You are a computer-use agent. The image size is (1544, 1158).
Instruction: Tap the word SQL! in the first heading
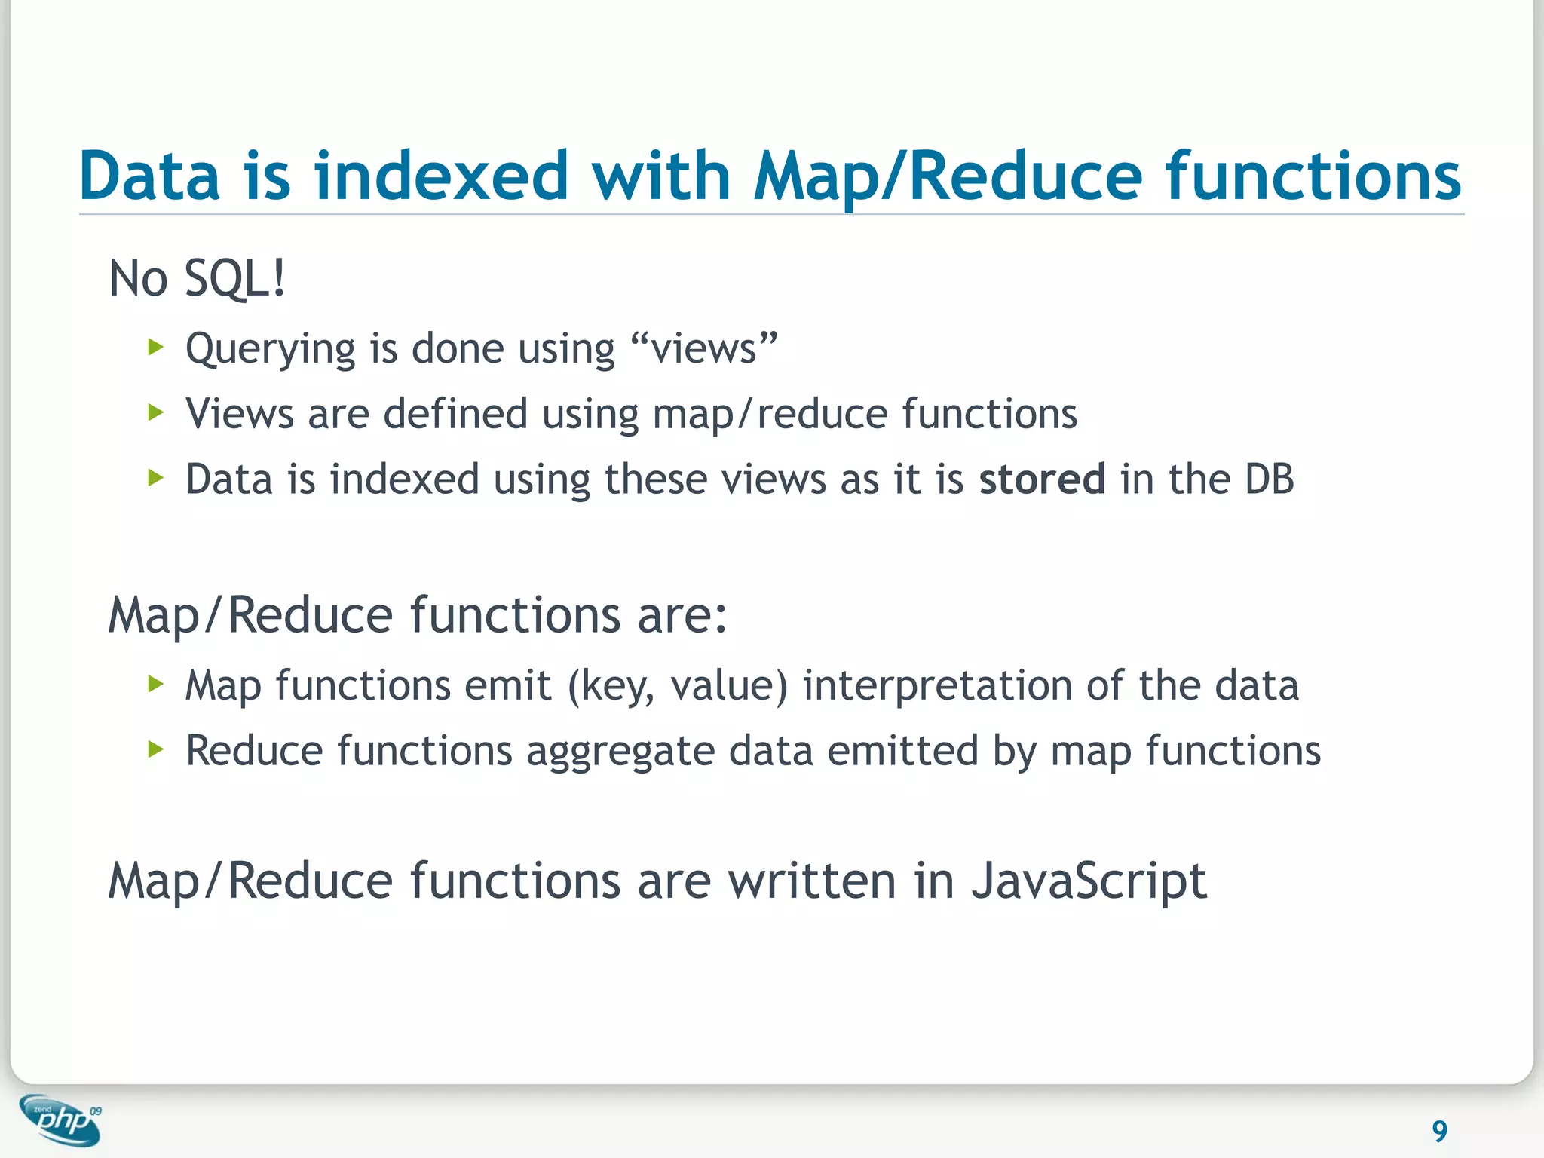pos(235,279)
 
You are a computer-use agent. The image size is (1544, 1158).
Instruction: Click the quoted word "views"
pos(703,348)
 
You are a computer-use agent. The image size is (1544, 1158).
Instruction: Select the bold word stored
pos(1042,479)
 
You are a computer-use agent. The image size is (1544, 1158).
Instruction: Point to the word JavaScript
pos(1089,881)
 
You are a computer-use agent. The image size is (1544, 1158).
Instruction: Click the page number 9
pos(1439,1131)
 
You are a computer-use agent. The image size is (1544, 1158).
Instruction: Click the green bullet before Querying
pos(156,348)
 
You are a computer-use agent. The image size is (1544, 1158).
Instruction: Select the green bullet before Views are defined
pos(156,413)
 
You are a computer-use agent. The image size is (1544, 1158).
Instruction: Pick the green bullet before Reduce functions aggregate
pos(156,750)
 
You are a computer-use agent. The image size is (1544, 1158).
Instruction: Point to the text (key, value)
pos(677,686)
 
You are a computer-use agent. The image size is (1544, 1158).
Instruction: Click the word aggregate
pos(620,752)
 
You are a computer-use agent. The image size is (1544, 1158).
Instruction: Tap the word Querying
pos(270,350)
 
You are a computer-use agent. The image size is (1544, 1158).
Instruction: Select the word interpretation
pos(937,686)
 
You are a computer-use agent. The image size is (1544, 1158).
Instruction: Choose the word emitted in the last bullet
pos(902,751)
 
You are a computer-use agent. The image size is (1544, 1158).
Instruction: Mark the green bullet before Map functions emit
pos(156,685)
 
